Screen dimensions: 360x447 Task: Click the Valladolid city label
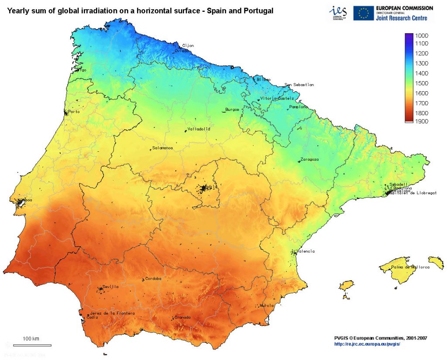(199, 129)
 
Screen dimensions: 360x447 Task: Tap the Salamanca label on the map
(162, 148)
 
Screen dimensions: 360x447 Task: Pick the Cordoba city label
(153, 278)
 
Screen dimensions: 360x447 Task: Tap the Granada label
(182, 317)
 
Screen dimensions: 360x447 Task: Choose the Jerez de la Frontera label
(112, 313)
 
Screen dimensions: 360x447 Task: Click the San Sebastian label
(299, 85)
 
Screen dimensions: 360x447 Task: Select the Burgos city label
(232, 110)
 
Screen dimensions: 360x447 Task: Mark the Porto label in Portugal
(74, 112)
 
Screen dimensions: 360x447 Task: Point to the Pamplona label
(298, 107)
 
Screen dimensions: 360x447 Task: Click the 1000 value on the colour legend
(422, 35)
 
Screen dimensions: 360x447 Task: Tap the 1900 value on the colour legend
(422, 121)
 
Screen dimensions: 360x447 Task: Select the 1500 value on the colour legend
(422, 83)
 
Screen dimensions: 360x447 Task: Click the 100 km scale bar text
(31, 339)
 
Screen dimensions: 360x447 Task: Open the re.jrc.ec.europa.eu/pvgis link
(367, 344)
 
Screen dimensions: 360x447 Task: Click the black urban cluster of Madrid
(203, 189)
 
